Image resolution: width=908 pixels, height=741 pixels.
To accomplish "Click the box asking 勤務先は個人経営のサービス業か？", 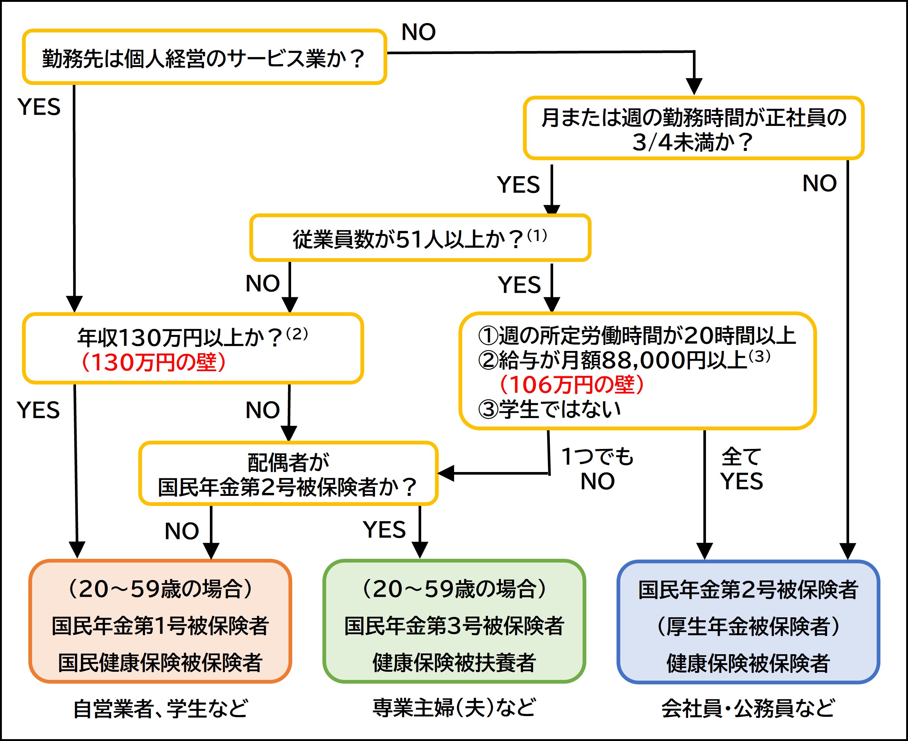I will tap(204, 57).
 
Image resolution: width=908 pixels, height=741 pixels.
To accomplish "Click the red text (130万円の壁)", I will tap(152, 362).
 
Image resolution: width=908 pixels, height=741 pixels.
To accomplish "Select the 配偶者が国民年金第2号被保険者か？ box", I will tap(288, 474).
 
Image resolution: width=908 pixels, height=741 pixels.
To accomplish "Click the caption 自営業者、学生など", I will tap(160, 709).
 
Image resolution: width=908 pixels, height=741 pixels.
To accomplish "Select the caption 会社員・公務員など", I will tap(747, 709).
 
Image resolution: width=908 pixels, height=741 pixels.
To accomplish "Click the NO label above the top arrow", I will tap(418, 32).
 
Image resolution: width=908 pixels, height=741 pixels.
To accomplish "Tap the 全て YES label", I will tap(741, 469).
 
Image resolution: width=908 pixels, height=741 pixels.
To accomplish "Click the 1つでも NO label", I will tap(597, 469).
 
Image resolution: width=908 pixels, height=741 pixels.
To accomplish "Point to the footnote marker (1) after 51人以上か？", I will tap(537, 235).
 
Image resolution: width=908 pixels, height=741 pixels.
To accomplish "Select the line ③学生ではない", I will tap(549, 409).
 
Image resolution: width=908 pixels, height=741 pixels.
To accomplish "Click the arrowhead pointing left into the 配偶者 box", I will tap(445, 474).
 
